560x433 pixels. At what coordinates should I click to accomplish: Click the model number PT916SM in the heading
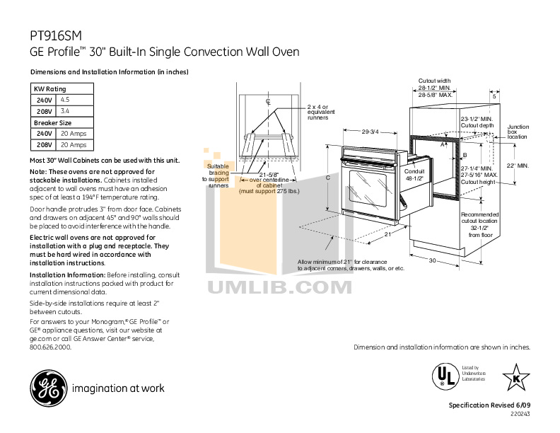(54, 36)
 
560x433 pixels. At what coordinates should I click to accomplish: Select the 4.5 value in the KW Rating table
(65, 100)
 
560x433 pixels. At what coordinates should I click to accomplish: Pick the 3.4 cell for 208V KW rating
(65, 111)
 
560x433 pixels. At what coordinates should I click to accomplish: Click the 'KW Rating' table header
(50, 89)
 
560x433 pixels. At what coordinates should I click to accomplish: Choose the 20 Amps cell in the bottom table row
(74, 144)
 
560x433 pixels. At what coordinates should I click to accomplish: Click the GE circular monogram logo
(47, 388)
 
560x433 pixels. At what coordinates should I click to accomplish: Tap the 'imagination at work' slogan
(117, 388)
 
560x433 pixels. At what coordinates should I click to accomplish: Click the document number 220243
(519, 414)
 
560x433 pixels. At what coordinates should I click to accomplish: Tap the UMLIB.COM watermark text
(280, 287)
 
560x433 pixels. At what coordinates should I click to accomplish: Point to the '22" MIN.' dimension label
(518, 165)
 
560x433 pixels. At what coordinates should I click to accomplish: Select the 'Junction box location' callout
(518, 132)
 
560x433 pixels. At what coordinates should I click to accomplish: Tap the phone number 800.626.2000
(51, 348)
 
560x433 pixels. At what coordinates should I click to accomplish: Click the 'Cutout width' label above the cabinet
(434, 81)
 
